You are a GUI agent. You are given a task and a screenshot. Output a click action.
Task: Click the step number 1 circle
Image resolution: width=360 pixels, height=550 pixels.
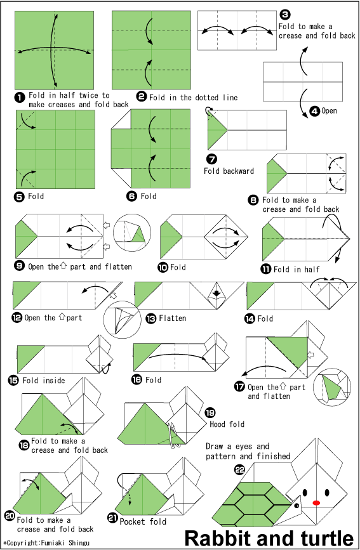20,97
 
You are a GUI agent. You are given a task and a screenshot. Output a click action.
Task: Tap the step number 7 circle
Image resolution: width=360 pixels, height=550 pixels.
212,159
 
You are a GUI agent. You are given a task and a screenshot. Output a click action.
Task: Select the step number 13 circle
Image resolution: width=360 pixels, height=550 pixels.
150,318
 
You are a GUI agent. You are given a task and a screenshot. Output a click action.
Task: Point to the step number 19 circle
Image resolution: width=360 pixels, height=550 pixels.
210,413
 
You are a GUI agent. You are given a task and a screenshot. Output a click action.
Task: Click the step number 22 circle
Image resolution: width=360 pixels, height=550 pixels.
239,469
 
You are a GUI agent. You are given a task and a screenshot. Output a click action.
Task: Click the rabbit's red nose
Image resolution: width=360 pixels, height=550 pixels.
316,502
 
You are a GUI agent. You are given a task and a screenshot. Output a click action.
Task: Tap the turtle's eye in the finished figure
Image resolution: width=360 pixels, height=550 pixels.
297,506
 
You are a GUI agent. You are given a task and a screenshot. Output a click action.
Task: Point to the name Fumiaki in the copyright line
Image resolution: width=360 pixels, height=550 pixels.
53,542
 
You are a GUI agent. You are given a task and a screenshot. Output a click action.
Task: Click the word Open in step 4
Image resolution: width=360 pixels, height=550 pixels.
329,111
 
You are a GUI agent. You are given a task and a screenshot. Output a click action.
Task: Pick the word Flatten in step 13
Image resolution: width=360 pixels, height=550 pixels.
173,318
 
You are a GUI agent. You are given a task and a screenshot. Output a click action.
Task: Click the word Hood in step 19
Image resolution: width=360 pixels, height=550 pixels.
217,424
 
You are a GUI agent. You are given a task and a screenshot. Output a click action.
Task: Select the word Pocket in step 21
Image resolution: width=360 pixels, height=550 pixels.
132,521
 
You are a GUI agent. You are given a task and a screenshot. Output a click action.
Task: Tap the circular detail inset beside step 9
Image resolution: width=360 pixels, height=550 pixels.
131,232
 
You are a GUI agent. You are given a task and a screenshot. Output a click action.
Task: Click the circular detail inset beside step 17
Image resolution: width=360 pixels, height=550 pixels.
332,387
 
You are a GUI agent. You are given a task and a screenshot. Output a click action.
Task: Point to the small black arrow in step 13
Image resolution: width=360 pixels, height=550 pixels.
217,293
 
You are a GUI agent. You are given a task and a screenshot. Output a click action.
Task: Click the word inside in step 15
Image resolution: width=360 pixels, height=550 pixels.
54,381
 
